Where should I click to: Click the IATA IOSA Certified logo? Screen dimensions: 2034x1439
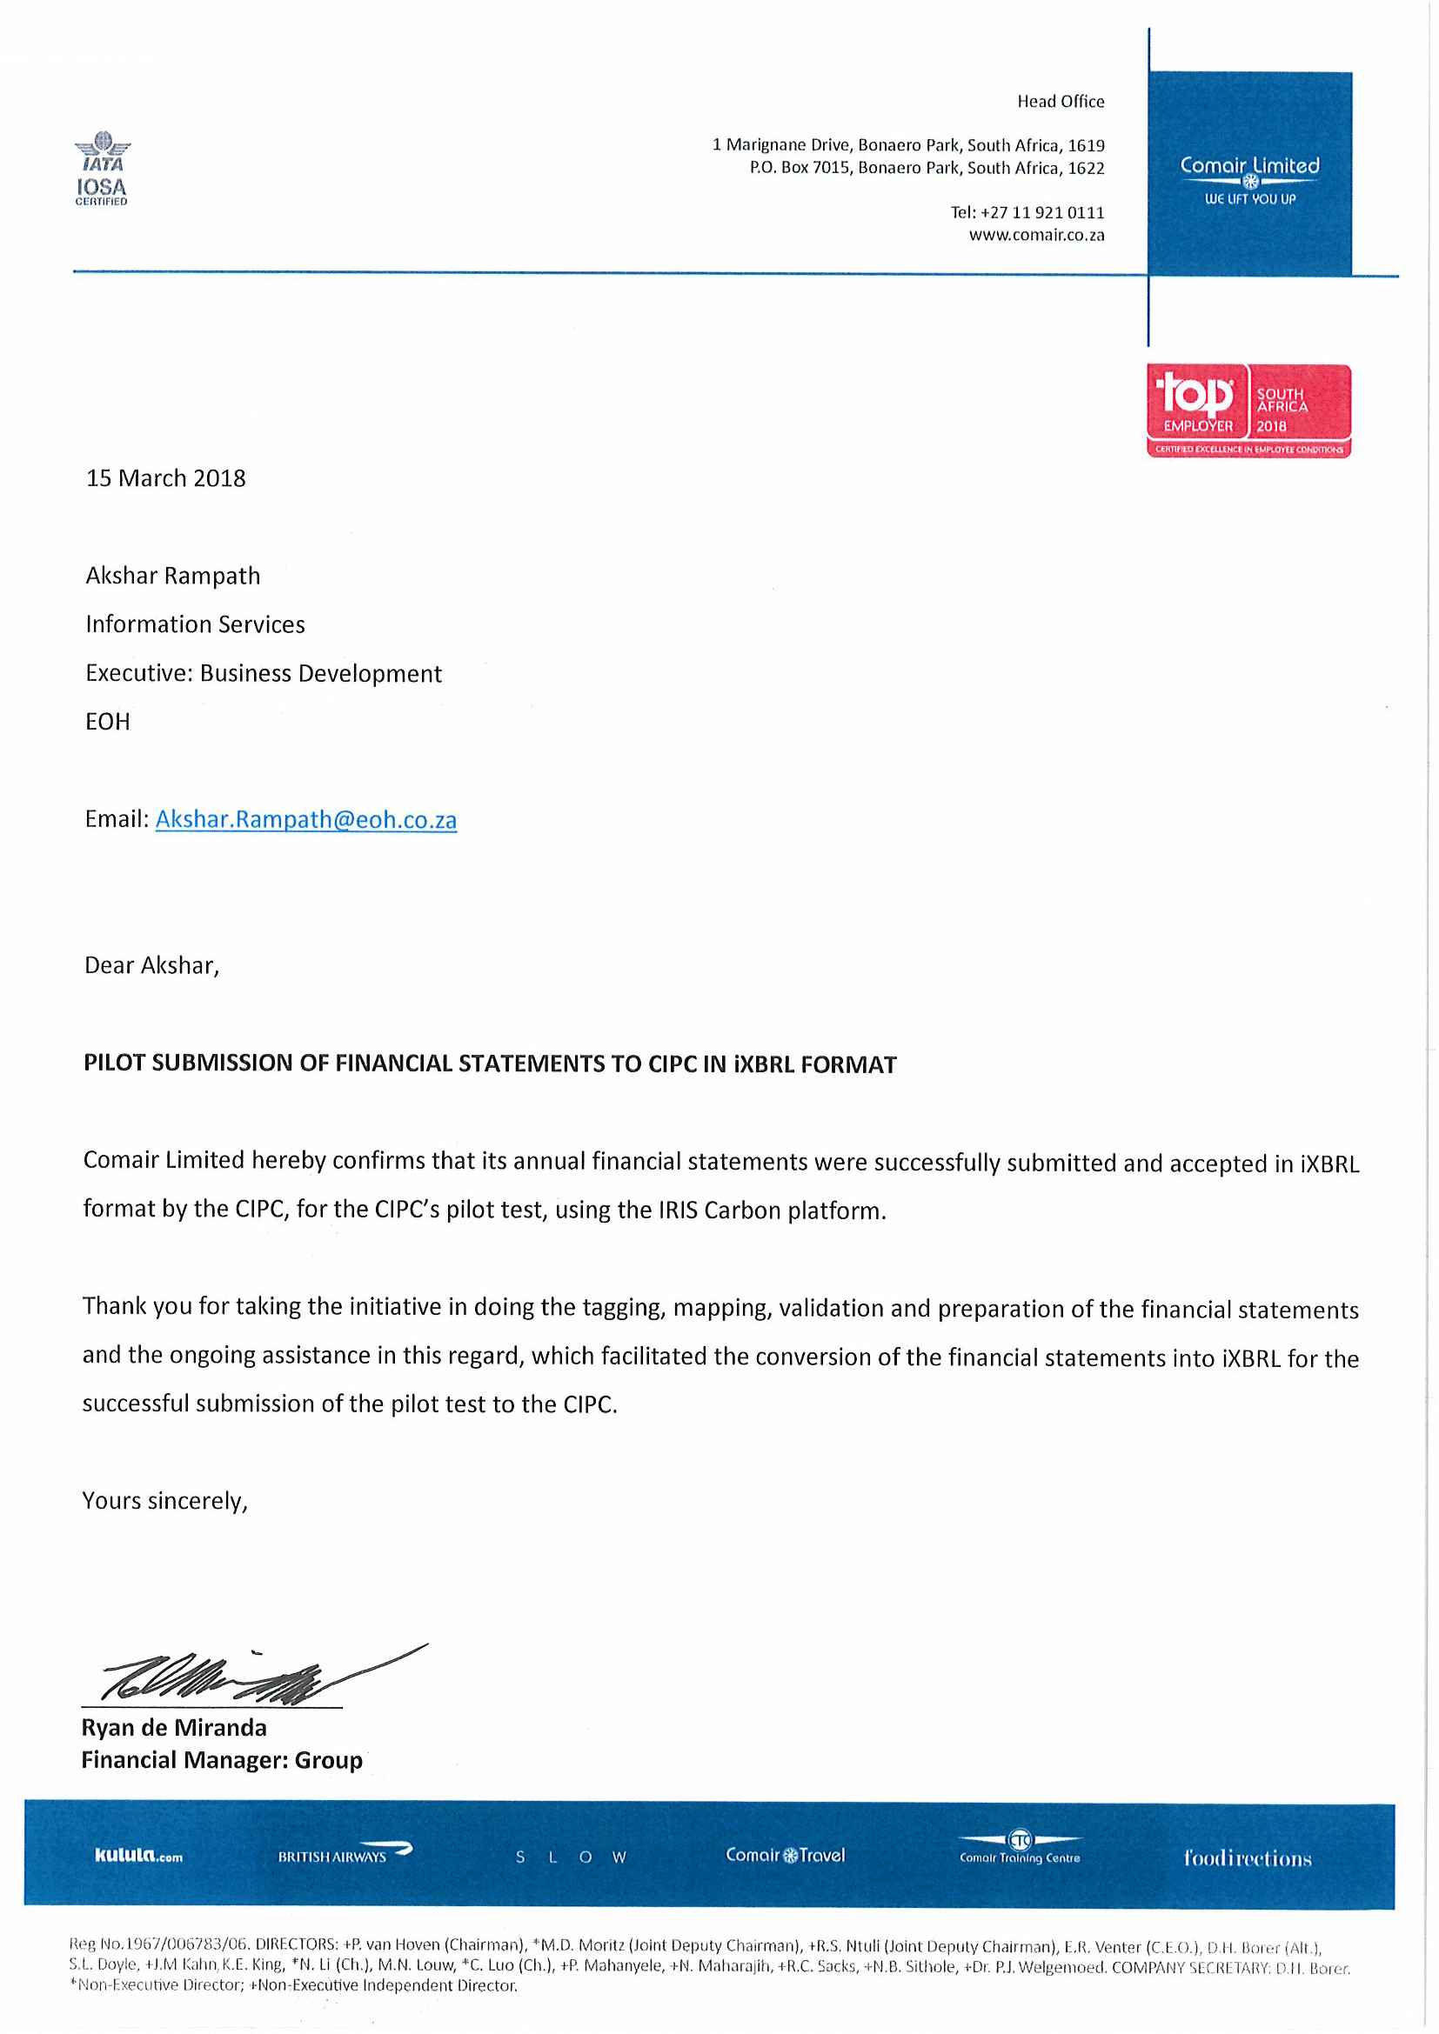tap(101, 169)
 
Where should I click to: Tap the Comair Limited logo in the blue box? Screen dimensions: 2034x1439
tap(1248, 177)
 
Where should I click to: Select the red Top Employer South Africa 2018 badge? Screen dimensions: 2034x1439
tap(1248, 411)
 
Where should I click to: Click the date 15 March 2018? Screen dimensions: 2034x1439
tap(165, 478)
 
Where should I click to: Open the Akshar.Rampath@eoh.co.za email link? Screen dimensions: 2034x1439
tap(305, 819)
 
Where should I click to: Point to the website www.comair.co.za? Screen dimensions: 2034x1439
tap(1036, 236)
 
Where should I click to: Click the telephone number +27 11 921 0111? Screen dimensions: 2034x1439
tap(1042, 212)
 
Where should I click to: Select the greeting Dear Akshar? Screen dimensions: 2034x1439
tap(151, 965)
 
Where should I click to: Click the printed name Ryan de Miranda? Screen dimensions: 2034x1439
tap(174, 1729)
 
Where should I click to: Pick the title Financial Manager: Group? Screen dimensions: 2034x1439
tap(222, 1760)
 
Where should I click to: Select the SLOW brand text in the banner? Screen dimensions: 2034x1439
tap(571, 1857)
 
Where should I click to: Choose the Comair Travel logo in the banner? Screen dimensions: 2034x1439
tap(785, 1855)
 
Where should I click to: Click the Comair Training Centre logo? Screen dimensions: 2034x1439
tap(1020, 1850)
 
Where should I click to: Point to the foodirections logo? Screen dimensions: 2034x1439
tap(1247, 1857)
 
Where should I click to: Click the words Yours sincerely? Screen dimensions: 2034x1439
tap(164, 1501)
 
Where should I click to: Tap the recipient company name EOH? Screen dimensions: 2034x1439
tap(107, 722)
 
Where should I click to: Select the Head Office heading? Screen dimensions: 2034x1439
tap(1060, 102)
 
